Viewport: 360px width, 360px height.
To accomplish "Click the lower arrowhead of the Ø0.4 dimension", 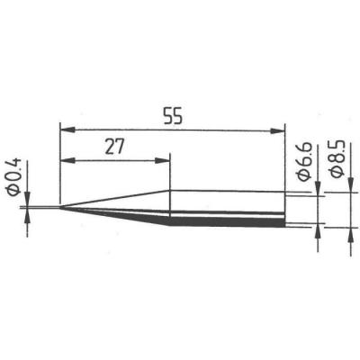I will point(26,215).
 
